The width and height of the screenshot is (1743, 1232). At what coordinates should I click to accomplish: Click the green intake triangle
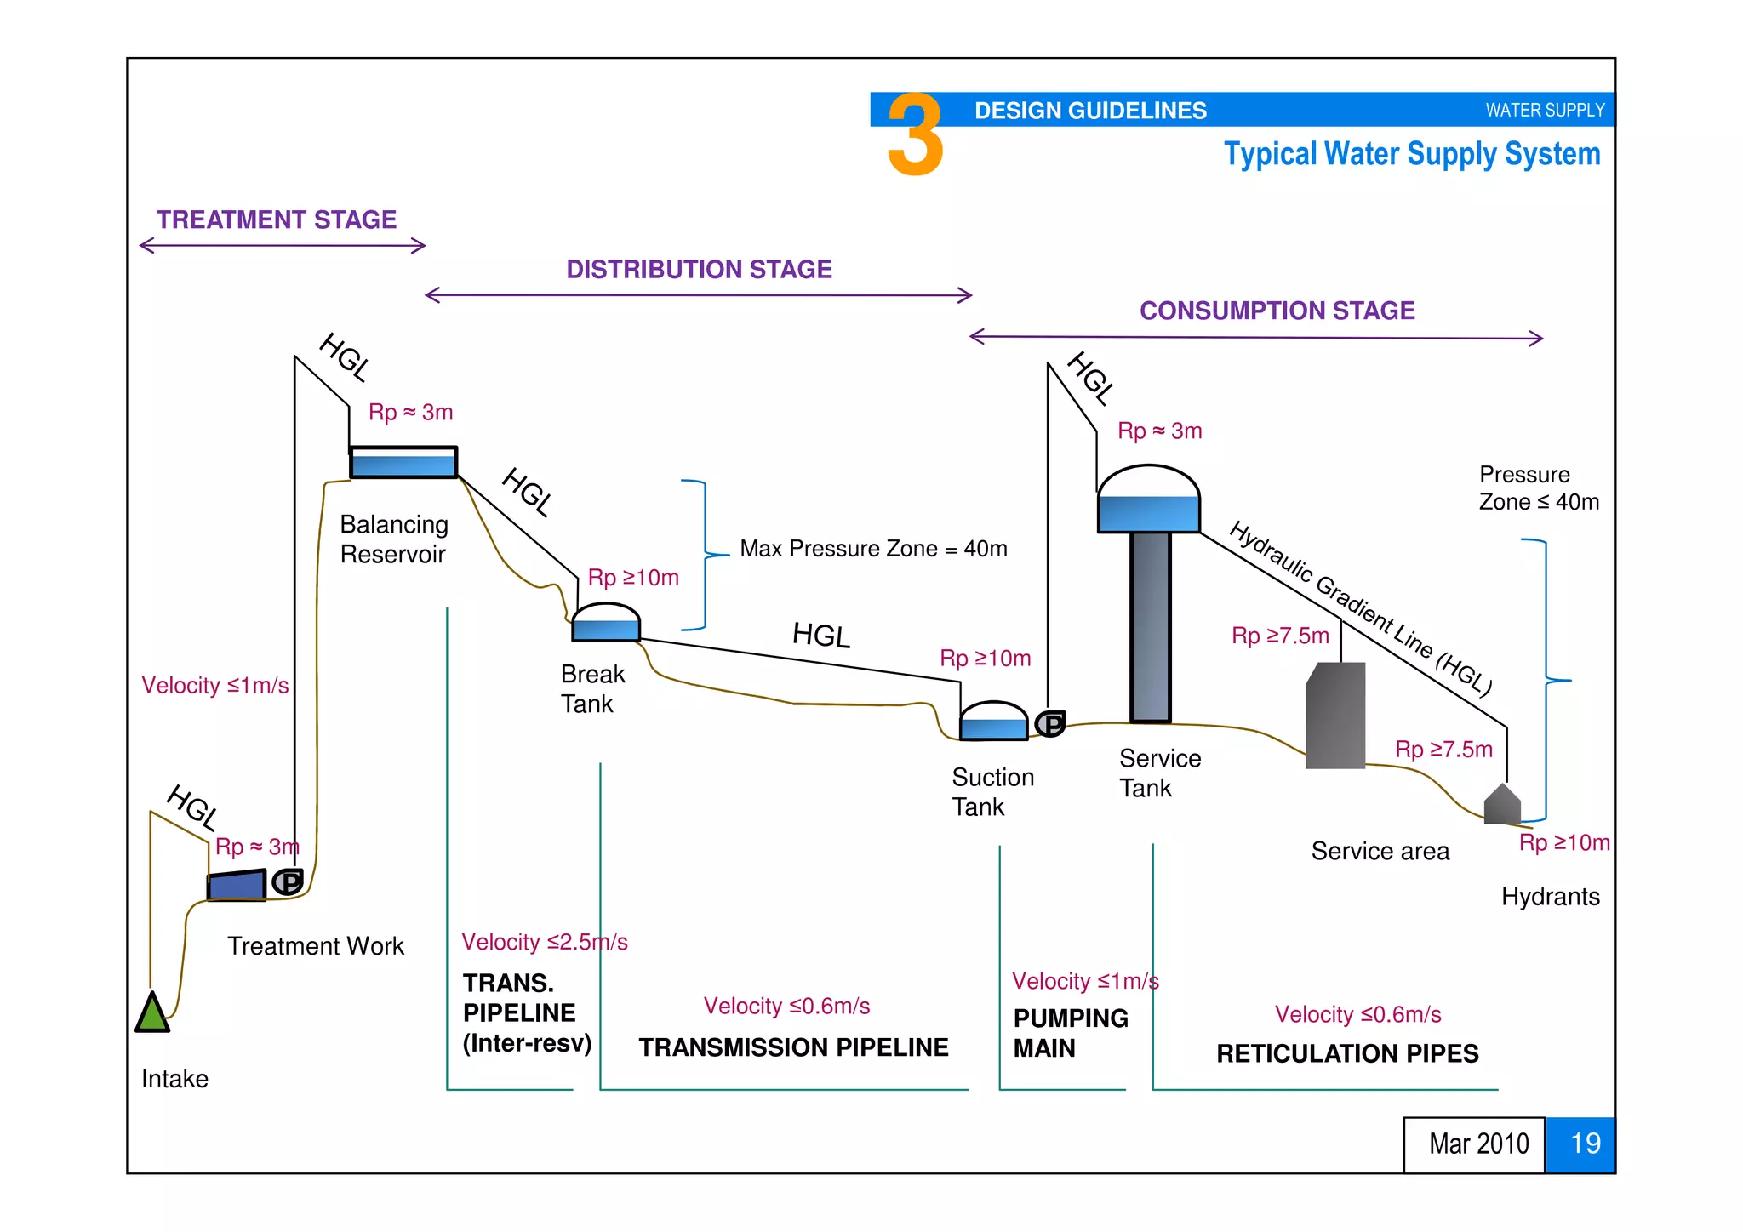(152, 1014)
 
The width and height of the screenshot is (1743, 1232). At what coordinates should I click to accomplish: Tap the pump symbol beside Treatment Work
(288, 881)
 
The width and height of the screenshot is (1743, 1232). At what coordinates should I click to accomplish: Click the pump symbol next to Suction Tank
(1051, 723)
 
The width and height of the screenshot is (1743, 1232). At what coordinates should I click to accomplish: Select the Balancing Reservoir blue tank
(403, 463)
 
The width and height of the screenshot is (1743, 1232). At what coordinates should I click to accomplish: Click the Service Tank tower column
(1151, 626)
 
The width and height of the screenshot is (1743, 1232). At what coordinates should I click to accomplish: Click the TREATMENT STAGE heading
(277, 220)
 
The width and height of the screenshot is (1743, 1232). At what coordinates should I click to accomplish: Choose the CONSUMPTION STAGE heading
(1277, 311)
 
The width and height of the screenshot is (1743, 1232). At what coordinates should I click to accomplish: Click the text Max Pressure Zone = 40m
(873, 549)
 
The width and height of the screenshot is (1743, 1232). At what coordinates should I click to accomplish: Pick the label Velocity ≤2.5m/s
(545, 942)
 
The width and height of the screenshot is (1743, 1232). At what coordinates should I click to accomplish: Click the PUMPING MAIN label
(1070, 1033)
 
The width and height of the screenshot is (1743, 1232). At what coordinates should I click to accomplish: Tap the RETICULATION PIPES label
(1347, 1053)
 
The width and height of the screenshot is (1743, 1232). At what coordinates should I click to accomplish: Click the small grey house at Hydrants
(1502, 805)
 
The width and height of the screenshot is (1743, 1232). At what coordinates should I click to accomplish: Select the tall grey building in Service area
(1336, 716)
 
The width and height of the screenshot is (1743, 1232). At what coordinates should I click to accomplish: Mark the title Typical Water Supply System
(1412, 154)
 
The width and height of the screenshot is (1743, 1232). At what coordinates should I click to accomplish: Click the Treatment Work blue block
(237, 885)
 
